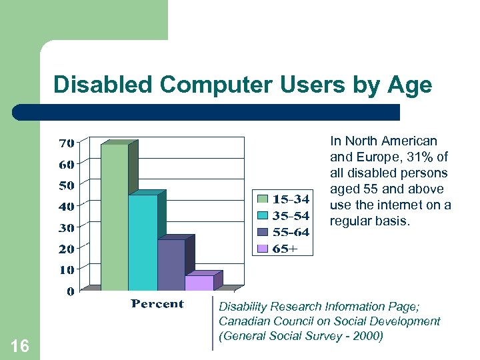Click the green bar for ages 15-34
tap(114, 217)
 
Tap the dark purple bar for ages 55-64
tap(171, 265)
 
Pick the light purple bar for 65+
tap(199, 283)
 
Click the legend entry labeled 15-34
tap(283, 199)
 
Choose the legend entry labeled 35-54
tap(283, 215)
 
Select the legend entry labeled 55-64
tap(283, 232)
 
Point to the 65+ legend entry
tap(277, 249)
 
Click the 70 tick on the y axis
tap(66, 143)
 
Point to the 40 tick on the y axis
tap(66, 206)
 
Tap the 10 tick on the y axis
tap(66, 270)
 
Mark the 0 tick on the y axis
tap(70, 291)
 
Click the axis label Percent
tap(157, 304)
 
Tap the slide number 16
tap(20, 345)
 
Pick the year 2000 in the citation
tap(368, 336)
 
